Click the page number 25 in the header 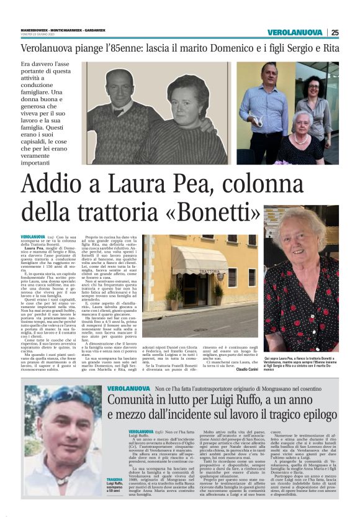click(x=335, y=32)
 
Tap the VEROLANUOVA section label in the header click(x=295, y=32)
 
